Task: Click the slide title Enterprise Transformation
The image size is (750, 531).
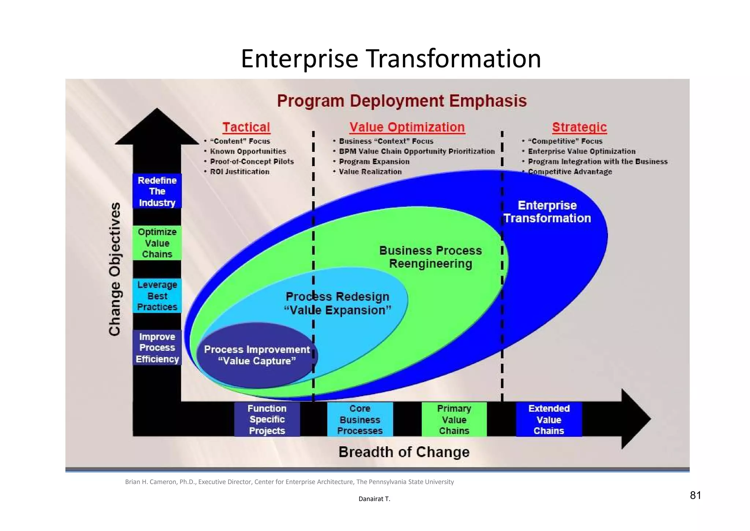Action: click(x=391, y=59)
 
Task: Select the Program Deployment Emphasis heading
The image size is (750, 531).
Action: click(x=402, y=101)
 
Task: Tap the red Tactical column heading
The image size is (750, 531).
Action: click(x=246, y=127)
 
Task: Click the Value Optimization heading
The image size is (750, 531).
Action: click(x=407, y=127)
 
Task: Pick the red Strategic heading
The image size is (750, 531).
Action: click(x=579, y=127)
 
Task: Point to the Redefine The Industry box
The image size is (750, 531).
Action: click(x=157, y=191)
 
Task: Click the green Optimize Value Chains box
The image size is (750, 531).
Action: click(x=157, y=243)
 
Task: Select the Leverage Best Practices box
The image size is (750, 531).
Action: click(x=157, y=296)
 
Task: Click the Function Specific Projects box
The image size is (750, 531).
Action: click(x=267, y=420)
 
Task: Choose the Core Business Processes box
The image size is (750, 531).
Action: click(x=360, y=420)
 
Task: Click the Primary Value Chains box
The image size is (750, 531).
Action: click(x=454, y=420)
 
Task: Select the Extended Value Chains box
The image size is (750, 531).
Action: click(x=549, y=420)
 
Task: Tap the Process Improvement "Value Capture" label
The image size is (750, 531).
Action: click(x=257, y=355)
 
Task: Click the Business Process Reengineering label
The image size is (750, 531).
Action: click(x=430, y=257)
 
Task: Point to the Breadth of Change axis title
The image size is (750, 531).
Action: click(x=404, y=452)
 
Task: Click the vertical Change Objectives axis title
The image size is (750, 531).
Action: click(x=115, y=269)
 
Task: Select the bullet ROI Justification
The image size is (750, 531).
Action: click(x=240, y=172)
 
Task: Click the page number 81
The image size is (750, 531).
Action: click(x=695, y=495)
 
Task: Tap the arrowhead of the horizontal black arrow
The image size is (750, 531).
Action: click(x=635, y=419)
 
